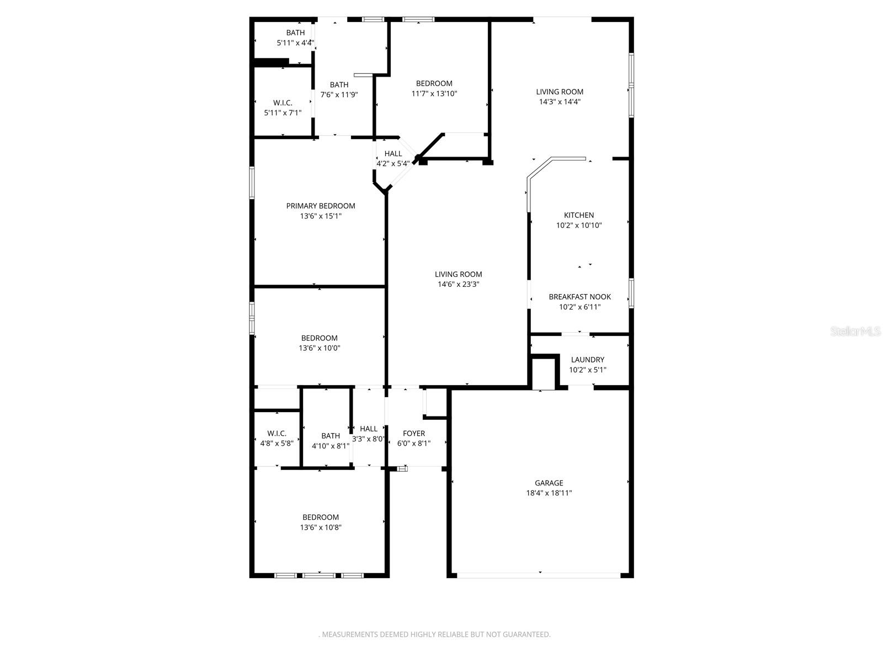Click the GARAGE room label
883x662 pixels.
click(x=549, y=483)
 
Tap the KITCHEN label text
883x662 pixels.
click(x=578, y=215)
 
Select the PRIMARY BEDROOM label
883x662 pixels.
click(x=320, y=206)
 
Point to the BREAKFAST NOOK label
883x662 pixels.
click(x=579, y=297)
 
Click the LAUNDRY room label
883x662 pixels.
click(x=587, y=360)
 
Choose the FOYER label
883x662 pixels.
click(x=413, y=434)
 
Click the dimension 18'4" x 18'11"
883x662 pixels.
click(x=549, y=493)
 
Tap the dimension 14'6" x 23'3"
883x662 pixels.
click(x=458, y=284)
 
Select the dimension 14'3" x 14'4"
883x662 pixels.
click(x=560, y=102)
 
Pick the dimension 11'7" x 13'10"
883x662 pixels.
click(x=434, y=93)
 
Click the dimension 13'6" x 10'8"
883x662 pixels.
click(x=320, y=527)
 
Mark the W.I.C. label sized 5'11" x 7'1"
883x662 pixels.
click(x=283, y=103)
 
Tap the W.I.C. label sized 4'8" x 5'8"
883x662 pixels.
click(x=276, y=434)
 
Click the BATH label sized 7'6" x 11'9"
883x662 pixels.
click(x=339, y=85)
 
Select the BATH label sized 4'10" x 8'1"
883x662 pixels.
click(x=330, y=436)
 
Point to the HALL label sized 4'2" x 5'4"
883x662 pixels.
click(x=393, y=154)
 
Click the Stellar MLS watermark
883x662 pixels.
click(x=855, y=331)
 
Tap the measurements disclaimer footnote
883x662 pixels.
click(x=434, y=634)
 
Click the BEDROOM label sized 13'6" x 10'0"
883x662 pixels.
click(x=319, y=338)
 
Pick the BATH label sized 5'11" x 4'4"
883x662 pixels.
click(x=295, y=33)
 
